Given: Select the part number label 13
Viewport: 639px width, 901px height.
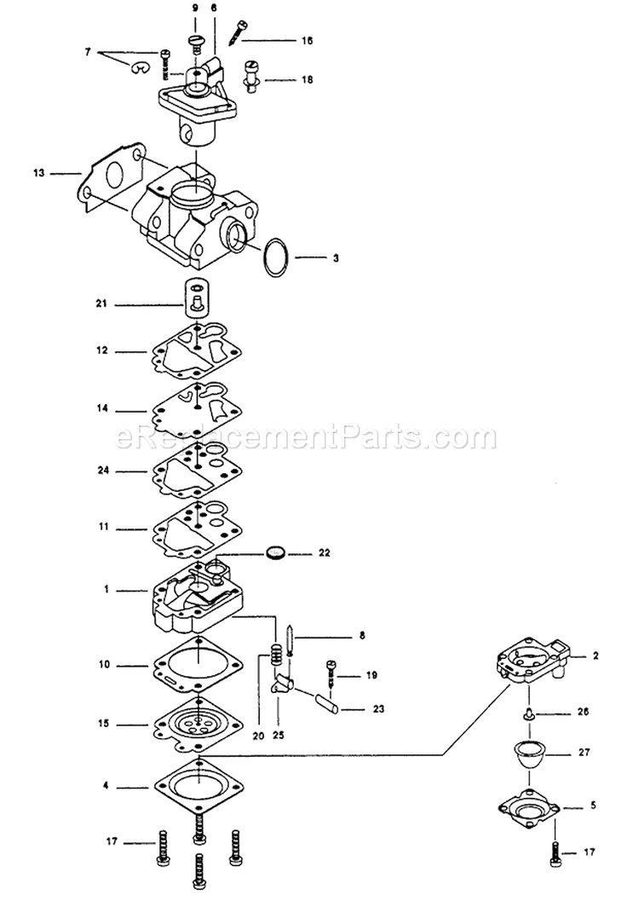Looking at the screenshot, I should click(38, 173).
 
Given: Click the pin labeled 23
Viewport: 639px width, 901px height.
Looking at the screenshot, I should click(326, 704).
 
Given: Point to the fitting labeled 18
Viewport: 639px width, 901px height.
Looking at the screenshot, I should click(253, 72).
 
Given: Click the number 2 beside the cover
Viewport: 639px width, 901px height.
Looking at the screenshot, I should click(596, 656).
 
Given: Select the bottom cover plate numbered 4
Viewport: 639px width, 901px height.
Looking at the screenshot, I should click(198, 784).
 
